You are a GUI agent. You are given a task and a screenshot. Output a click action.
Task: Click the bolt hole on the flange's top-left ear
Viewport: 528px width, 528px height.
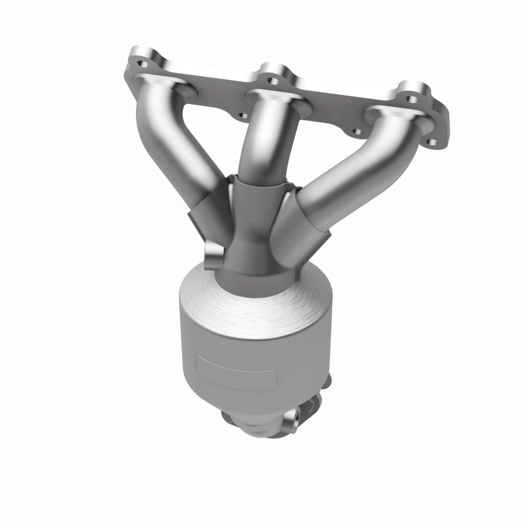tap(141, 65)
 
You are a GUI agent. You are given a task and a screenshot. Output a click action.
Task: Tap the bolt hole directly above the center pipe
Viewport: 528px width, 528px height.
tap(271, 81)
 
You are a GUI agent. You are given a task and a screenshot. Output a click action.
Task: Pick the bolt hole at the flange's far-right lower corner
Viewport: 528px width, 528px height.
tap(432, 141)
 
